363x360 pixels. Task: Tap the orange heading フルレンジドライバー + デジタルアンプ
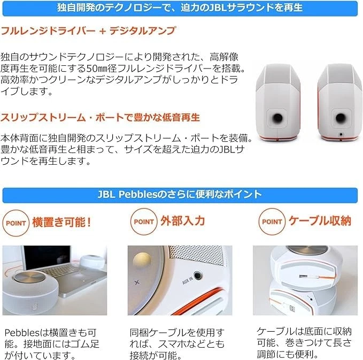88,31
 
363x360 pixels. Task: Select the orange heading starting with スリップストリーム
101,117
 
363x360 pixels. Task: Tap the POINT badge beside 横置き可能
16,221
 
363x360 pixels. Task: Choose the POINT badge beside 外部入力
144,221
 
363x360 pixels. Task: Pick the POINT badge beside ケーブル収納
272,221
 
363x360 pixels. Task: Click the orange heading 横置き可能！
61,221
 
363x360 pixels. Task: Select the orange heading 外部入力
182,221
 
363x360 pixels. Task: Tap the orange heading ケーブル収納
319,221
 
